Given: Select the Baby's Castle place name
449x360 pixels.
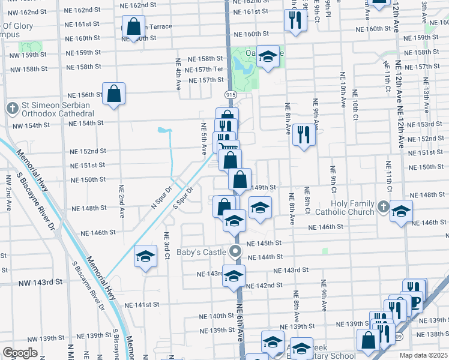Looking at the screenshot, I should tap(203, 251).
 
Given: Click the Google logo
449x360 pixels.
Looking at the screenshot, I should tap(20, 353).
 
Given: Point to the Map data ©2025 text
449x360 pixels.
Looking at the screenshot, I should tap(423, 355).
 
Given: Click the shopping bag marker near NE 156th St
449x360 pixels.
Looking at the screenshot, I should tap(113, 94).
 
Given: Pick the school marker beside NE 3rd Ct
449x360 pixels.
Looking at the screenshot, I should tap(145, 257).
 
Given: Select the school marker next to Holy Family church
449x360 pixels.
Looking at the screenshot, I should tap(401, 211).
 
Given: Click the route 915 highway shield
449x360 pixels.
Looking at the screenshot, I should tap(230, 95).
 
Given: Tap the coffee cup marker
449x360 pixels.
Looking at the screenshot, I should tap(414, 299).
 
